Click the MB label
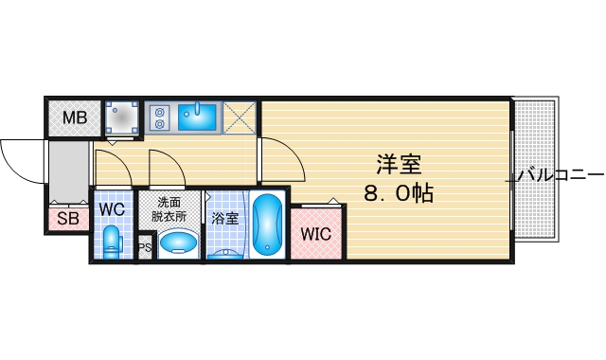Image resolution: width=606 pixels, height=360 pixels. (x=75, y=118)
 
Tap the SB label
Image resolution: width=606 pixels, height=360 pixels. (x=68, y=220)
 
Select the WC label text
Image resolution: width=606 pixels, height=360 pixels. (x=112, y=207)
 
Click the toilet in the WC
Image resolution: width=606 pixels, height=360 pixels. (x=112, y=241)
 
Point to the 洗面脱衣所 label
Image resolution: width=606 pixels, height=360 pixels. (x=171, y=208)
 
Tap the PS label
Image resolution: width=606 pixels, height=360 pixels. (x=145, y=248)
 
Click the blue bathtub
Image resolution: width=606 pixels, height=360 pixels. (x=269, y=226)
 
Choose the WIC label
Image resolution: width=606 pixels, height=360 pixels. (x=315, y=234)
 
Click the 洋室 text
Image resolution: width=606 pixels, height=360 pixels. (x=398, y=163)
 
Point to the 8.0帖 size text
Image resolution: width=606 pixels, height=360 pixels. (x=398, y=194)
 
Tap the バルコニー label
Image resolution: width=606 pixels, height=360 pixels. (x=561, y=175)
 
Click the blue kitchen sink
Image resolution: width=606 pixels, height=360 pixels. (x=198, y=116)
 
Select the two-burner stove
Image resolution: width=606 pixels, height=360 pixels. (x=159, y=116)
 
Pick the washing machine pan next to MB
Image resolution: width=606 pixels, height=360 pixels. (x=122, y=117)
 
